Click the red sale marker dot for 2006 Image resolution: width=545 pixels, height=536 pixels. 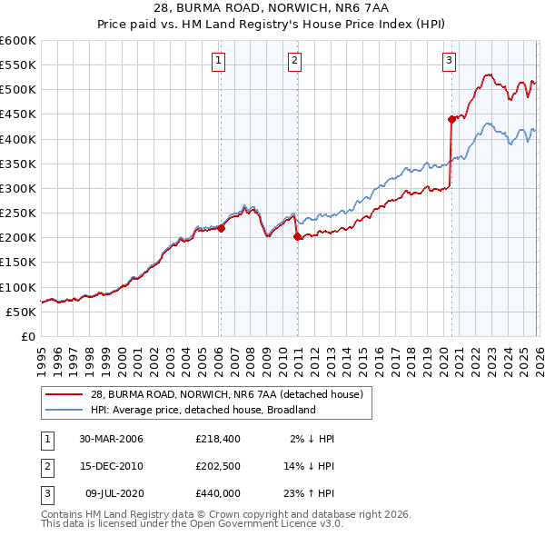[x=221, y=229]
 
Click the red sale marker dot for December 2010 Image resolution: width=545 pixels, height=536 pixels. [x=296, y=236]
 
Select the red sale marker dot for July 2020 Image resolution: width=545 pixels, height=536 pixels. [x=451, y=119]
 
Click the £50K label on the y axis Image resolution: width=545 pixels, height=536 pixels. [x=22, y=312]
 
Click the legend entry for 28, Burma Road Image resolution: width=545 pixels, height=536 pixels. [x=227, y=394]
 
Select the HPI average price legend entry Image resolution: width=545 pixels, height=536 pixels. [x=203, y=410]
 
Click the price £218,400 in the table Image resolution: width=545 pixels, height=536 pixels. [x=218, y=439]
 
